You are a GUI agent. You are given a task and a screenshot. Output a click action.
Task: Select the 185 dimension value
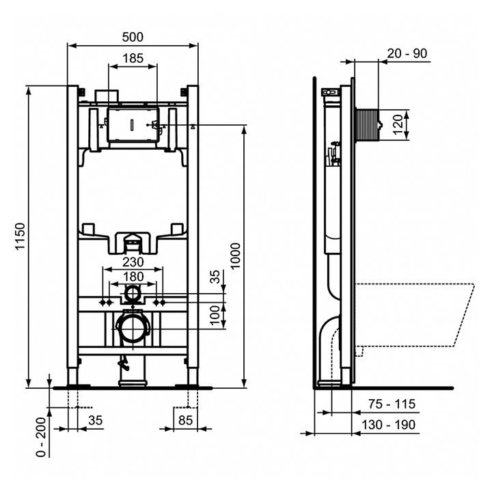point(133,59)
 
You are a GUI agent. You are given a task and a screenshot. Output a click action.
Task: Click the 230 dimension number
point(133,262)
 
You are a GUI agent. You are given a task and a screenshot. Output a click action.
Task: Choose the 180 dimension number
point(133,276)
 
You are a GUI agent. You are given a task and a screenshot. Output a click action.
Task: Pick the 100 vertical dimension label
point(216,316)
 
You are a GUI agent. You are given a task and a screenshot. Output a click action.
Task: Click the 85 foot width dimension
point(185,420)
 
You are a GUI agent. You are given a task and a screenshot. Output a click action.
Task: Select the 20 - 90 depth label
point(407,53)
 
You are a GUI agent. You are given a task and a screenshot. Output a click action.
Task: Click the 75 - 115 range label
point(392,404)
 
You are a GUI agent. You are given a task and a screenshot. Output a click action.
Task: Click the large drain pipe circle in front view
point(133,329)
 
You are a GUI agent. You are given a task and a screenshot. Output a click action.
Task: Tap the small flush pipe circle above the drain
point(133,295)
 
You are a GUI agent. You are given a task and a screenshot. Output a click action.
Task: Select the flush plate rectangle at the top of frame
point(133,126)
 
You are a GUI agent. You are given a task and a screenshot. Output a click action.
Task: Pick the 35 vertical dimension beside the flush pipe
point(216,277)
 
